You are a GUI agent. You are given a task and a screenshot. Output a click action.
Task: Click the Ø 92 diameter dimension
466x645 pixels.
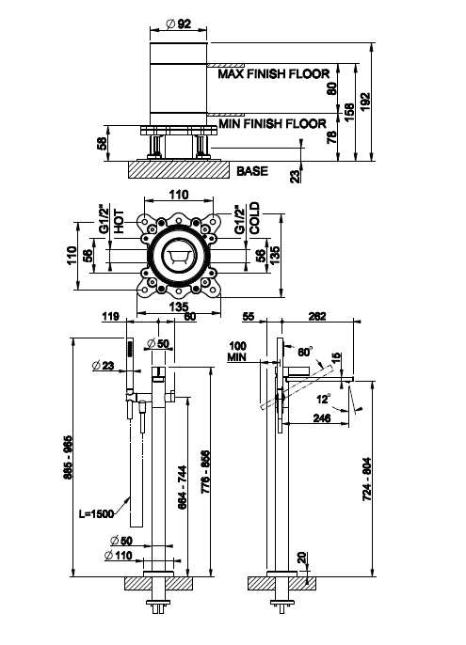[x=179, y=24]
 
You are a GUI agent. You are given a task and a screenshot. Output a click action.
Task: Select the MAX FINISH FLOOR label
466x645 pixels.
[x=274, y=74]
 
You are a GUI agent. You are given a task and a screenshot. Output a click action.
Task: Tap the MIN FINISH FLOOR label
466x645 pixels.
[x=272, y=123]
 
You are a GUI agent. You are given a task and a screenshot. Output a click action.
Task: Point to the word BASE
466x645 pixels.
[x=252, y=171]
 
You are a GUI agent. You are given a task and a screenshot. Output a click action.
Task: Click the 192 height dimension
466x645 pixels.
[x=365, y=102]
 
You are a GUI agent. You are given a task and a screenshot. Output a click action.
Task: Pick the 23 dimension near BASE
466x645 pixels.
[x=296, y=176]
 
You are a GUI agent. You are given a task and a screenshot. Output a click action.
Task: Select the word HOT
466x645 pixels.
[x=119, y=221]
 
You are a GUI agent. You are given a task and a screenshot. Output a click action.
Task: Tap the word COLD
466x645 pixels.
[x=254, y=218]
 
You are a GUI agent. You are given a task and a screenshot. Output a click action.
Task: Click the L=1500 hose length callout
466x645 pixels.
[x=96, y=513]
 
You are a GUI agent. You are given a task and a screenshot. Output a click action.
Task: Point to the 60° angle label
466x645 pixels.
[x=305, y=352]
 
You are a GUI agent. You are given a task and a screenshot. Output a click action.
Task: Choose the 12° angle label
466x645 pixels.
[x=324, y=399]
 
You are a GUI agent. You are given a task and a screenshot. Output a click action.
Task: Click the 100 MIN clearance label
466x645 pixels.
[x=237, y=352]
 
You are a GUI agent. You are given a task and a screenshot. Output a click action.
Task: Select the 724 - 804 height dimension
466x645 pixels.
[x=367, y=479]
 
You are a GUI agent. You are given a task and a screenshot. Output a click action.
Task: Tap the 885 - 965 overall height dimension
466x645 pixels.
[x=68, y=457]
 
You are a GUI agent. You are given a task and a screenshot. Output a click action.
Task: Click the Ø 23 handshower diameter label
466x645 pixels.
[x=104, y=365]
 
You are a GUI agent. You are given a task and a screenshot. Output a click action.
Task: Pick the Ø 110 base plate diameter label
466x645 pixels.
[x=119, y=556]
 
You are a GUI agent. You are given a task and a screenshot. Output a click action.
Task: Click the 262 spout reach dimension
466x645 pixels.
[x=317, y=316]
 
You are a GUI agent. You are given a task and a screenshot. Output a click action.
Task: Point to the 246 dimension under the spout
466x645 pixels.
[x=322, y=417]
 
